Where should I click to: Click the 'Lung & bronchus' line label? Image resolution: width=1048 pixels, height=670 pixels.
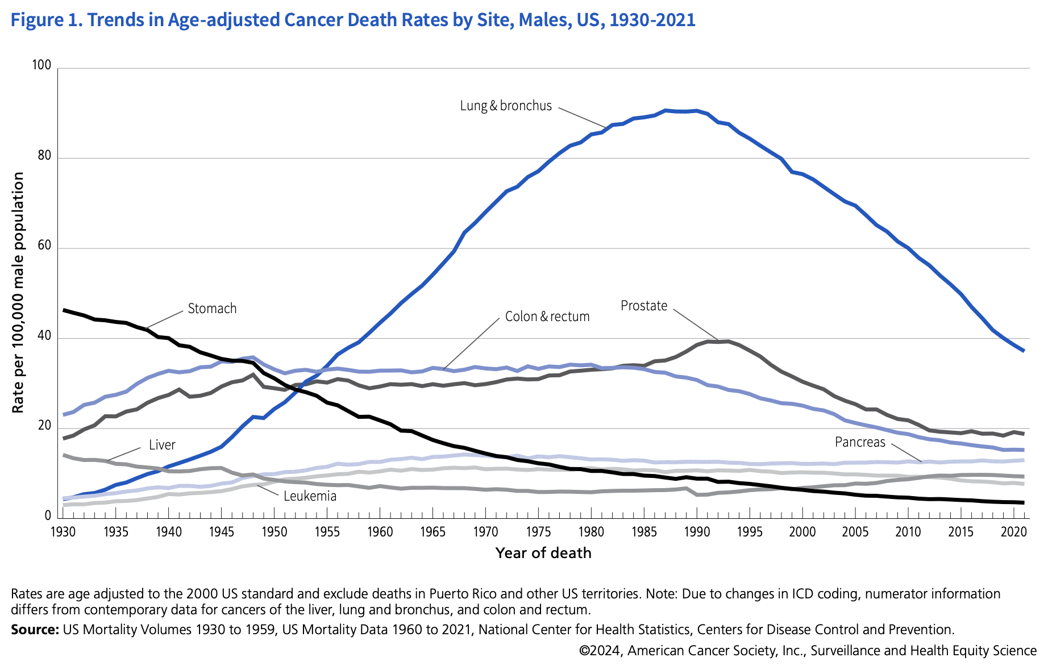(x=506, y=106)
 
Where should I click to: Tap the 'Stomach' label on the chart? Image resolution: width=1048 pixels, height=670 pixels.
(x=212, y=309)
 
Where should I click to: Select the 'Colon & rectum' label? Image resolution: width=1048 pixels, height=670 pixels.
(x=547, y=317)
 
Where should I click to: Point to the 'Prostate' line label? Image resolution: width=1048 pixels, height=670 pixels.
(x=644, y=306)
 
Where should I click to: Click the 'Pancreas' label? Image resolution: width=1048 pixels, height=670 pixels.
(x=860, y=442)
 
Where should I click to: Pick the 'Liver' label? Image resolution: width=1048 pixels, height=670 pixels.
(x=162, y=445)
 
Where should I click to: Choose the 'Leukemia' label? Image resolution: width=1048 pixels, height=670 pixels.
(x=310, y=496)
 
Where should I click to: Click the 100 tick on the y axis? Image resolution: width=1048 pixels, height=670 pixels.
(x=42, y=66)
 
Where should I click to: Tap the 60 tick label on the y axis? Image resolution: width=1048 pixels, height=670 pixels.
(x=44, y=246)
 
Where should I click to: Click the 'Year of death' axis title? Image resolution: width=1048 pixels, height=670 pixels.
(x=543, y=553)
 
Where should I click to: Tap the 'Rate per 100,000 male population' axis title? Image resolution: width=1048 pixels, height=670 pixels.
(x=18, y=293)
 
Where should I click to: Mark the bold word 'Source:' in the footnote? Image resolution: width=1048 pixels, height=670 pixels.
(x=35, y=630)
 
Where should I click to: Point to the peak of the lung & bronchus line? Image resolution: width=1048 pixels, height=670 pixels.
(x=666, y=110)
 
